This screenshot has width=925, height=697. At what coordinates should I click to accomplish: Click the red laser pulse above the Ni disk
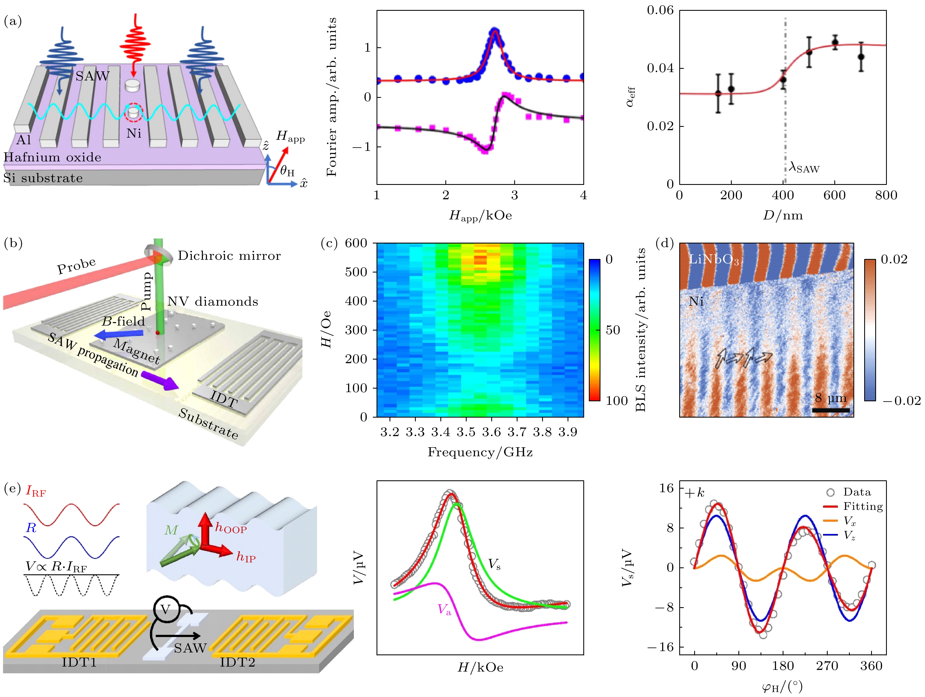(135, 44)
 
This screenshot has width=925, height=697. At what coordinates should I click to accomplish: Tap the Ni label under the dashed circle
(134, 133)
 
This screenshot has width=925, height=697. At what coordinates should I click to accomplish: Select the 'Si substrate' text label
(43, 178)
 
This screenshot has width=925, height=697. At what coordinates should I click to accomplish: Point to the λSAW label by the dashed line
(804, 168)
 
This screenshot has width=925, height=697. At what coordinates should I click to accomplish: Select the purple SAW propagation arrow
(160, 381)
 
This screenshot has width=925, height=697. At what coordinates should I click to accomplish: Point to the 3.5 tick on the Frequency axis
(466, 432)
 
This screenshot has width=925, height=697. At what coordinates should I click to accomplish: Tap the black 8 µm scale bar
(830, 410)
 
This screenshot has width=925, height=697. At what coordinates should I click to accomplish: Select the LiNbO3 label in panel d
(714, 260)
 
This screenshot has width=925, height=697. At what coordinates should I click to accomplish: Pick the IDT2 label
(237, 662)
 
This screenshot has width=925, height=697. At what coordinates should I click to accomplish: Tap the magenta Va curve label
(445, 610)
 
